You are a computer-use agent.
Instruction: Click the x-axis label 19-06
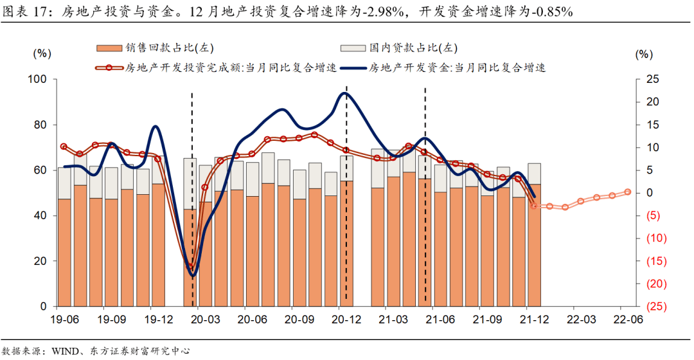pos(64,318)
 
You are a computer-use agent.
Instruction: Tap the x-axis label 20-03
pos(205,318)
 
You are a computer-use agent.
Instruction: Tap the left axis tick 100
pos(40,79)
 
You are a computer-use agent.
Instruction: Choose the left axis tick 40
pos(43,216)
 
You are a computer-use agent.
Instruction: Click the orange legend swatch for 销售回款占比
pos(108,48)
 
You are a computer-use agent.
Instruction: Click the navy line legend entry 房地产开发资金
pos(353,67)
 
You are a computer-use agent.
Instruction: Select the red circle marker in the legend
pos(109,67)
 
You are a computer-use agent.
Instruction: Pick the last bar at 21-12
pos(534,244)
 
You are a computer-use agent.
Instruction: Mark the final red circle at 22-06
pos(628,192)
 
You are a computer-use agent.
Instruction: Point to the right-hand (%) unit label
pos(644,55)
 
